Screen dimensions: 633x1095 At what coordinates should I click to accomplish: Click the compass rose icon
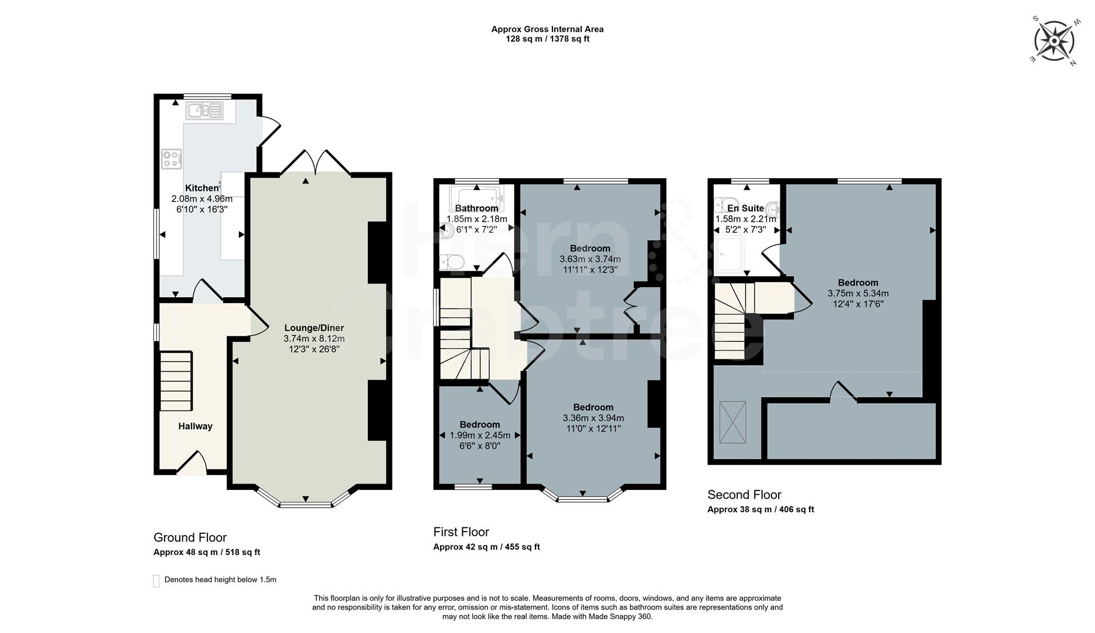coord(1054,42)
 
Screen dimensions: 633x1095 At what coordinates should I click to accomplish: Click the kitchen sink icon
coord(204,110)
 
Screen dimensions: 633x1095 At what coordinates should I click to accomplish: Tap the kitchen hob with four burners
coord(172,159)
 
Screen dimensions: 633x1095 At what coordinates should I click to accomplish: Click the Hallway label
coord(195,426)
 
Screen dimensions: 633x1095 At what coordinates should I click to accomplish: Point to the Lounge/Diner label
coord(314,328)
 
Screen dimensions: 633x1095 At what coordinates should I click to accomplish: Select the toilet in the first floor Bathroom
coord(452,261)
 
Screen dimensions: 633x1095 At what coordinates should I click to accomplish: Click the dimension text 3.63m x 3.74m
coord(590,259)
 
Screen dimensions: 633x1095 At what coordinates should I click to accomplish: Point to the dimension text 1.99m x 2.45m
coord(480,435)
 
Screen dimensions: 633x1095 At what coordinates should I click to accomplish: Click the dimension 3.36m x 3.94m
coord(593,418)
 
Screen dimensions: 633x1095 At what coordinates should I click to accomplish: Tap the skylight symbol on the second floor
coord(732,423)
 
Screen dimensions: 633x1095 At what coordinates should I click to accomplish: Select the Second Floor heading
coord(744,495)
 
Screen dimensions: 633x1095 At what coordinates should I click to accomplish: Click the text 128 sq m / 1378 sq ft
coord(547,39)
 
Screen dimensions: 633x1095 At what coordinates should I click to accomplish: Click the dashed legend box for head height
coord(156,581)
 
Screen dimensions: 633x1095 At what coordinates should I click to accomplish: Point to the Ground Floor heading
coord(190,537)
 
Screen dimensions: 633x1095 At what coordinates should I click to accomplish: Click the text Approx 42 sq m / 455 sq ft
coord(486,547)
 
